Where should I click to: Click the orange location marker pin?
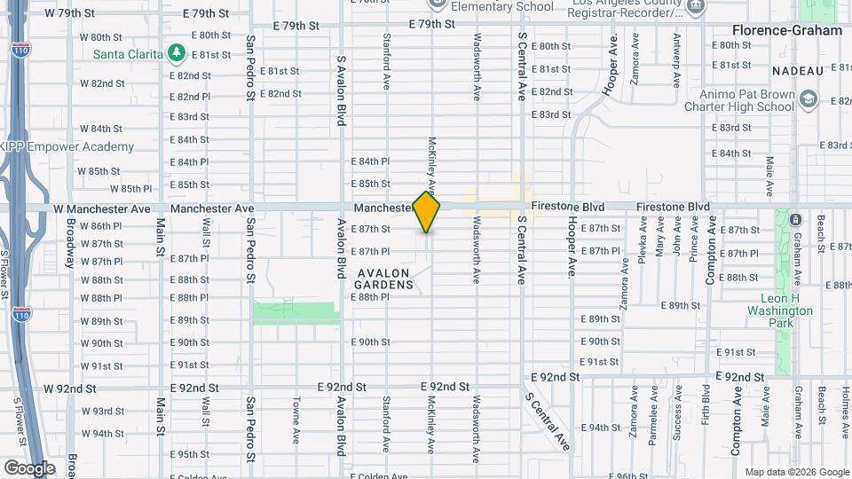pos(426,212)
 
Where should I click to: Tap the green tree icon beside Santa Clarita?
pos(177,53)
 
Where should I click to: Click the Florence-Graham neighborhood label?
pos(786,30)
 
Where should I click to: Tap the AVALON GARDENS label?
pos(384,279)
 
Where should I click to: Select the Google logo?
pos(29,467)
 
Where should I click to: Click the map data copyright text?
pos(796,472)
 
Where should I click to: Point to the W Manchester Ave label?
pos(102,208)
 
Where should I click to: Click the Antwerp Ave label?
pos(677,59)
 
